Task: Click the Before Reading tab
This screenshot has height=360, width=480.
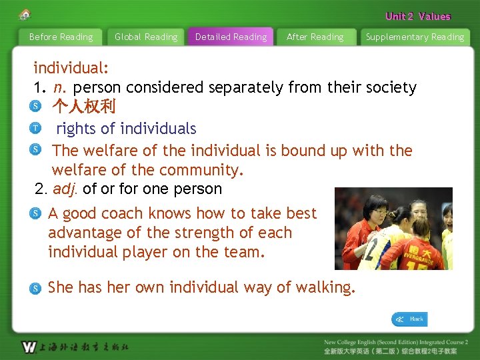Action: pos(61,37)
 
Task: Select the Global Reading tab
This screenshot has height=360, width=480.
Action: pos(146,37)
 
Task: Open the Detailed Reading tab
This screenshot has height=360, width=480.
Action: pos(231,37)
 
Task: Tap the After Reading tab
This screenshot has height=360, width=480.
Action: pos(315,37)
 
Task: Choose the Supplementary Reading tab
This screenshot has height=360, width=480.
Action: pos(415,37)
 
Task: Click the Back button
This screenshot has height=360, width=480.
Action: pos(409,319)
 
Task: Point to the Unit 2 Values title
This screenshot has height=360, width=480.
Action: pos(417,16)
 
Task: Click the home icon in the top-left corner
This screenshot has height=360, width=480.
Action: pos(25,14)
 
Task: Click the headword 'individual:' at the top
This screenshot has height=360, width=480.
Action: pos(71,68)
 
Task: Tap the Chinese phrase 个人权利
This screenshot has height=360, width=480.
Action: pos(84,106)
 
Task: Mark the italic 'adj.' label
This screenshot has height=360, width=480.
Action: pos(65,189)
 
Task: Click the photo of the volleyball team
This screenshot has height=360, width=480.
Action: pos(393,229)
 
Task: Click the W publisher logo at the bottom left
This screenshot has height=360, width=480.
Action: pos(29,347)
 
